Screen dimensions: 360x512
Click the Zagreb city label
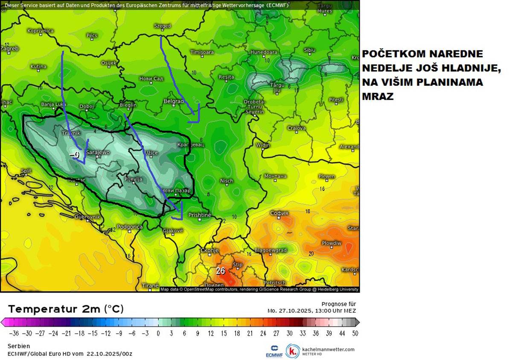(9, 49)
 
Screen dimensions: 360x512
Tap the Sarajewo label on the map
(98, 152)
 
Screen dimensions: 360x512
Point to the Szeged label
(162, 26)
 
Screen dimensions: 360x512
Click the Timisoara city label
(202, 52)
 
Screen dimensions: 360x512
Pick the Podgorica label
(129, 227)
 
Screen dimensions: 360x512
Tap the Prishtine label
(200, 215)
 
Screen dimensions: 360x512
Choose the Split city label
(26, 171)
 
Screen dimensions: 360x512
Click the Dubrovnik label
(87, 217)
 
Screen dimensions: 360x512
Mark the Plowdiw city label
(331, 243)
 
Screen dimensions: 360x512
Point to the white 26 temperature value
(220, 270)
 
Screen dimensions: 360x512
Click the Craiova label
(296, 128)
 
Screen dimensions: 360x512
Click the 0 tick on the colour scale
(158, 333)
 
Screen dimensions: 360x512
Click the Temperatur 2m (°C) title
(66, 309)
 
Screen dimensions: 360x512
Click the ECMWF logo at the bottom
(274, 350)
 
